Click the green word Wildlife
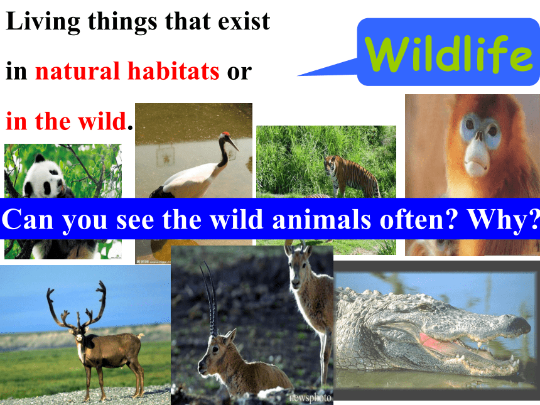point(449,54)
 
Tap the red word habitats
point(173,71)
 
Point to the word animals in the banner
point(321,219)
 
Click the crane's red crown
point(226,134)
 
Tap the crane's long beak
point(233,143)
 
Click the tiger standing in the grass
point(351,176)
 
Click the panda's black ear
point(40,158)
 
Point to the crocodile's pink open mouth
point(438,343)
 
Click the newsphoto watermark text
point(310,397)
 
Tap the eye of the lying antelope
point(215,350)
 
